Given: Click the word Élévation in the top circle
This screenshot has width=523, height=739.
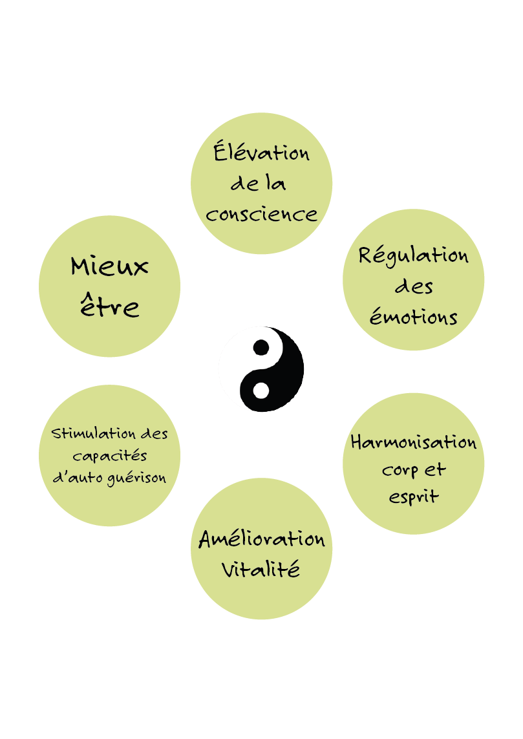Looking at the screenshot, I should click(261, 153).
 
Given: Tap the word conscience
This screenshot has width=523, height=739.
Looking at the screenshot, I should click(261, 213).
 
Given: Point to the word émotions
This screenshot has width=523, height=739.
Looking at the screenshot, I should click(414, 317).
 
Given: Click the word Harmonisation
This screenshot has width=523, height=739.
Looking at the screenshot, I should click(414, 443).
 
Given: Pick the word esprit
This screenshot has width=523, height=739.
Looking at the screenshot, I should click(414, 497).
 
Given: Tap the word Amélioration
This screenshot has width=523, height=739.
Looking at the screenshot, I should click(261, 539).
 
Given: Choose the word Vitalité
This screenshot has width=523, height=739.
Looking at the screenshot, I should click(261, 570).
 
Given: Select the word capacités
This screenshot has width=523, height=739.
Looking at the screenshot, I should click(110, 456).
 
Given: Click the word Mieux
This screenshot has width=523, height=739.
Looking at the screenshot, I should click(110, 266).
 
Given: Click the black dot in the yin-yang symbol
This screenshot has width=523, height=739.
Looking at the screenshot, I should click(261, 347).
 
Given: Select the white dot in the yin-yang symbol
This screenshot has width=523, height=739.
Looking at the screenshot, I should click(261, 391).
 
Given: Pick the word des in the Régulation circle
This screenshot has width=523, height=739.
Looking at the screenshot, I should click(414, 286).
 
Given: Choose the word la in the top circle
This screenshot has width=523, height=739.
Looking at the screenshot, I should click(276, 184).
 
